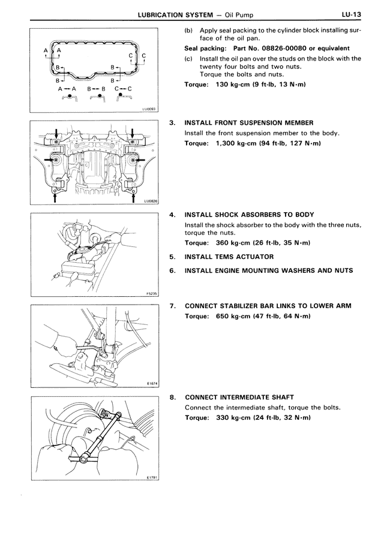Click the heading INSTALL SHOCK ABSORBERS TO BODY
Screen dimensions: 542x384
[249, 214]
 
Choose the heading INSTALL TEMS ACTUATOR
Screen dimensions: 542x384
[229, 257]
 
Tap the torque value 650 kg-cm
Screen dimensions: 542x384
[233, 316]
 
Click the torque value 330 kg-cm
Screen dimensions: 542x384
[233, 417]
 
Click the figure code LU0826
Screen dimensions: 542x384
[149, 202]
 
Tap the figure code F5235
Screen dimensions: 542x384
[151, 294]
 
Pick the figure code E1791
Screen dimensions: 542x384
[151, 477]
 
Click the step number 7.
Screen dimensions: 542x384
[172, 306]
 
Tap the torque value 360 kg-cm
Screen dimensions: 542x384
[233, 243]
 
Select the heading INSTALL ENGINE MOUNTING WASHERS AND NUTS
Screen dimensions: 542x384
[268, 270]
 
